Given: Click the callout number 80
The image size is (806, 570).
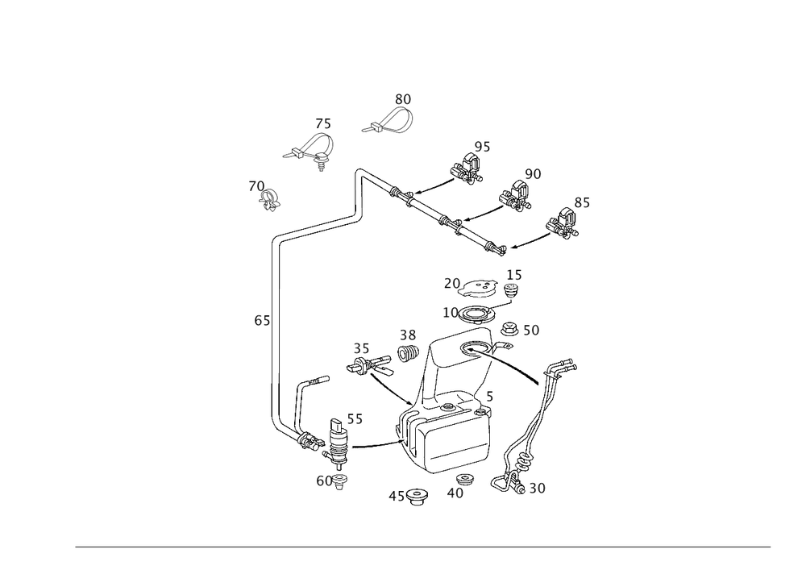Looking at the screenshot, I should click(x=403, y=99).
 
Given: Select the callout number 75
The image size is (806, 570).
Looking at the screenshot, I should click(x=323, y=125).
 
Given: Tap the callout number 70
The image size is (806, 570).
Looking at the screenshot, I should click(x=257, y=187).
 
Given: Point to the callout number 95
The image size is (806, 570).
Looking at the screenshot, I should click(x=482, y=146).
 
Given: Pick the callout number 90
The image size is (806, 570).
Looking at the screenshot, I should click(x=533, y=174).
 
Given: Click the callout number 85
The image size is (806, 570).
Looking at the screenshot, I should click(x=582, y=204).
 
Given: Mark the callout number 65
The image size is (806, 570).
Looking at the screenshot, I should click(x=261, y=322).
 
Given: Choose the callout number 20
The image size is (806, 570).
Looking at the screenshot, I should click(x=451, y=283).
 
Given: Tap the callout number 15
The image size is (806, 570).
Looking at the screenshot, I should click(x=513, y=275).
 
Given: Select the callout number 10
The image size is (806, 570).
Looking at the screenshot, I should click(x=451, y=311).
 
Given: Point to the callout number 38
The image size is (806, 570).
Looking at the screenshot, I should click(x=408, y=334).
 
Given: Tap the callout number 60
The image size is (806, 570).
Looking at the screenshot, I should click(x=323, y=481).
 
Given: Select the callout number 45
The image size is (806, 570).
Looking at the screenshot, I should click(x=397, y=495).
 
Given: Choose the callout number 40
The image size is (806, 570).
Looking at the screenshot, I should click(x=455, y=493).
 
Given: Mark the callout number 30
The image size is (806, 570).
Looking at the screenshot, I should click(x=538, y=489).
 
